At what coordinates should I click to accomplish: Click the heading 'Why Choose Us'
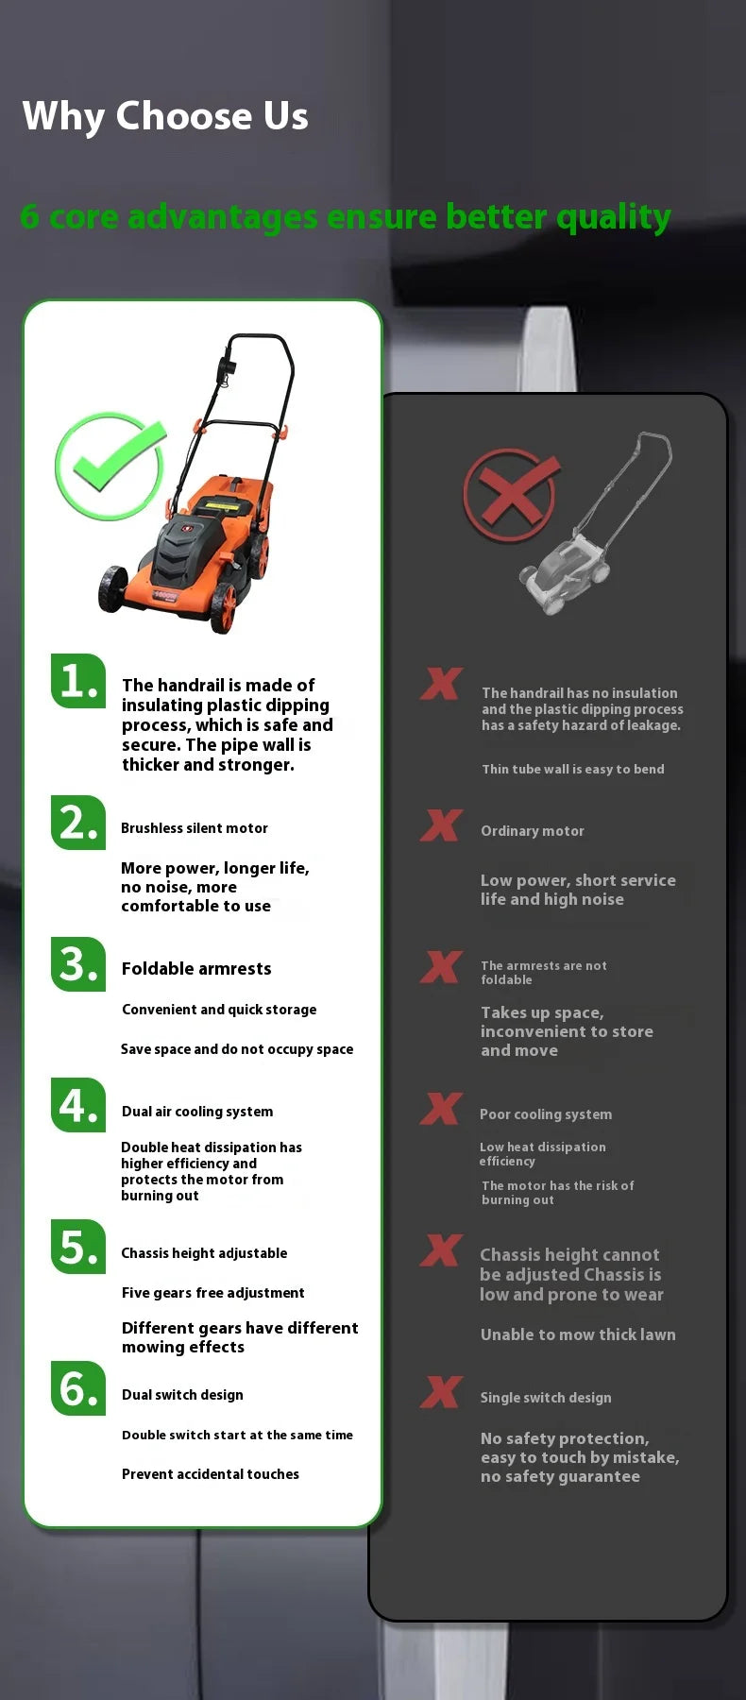165,116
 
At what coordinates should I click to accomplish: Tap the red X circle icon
511,494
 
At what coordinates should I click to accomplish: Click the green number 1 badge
77,681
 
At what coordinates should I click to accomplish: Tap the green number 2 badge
77,823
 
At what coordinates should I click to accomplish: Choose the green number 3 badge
77,964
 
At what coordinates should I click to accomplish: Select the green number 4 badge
77,1105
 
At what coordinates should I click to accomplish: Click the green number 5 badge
77,1247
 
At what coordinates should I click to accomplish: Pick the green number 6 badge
77,1388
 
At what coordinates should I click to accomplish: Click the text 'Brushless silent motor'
195,828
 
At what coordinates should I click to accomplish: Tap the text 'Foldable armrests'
196,969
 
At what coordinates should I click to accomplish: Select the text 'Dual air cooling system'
197,1112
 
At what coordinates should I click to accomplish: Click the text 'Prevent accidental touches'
211,1474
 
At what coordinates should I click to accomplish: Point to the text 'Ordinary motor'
533,831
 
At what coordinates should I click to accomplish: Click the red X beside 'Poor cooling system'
441,1109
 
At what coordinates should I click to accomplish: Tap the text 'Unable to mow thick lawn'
578,1334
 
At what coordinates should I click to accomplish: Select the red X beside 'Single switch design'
441,1392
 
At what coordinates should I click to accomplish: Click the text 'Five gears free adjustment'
213,1293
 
